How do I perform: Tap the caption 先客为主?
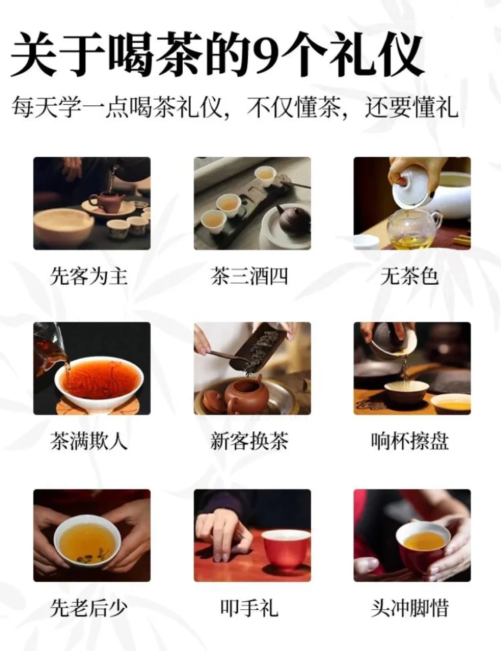point(89,276)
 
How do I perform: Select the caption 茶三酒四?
point(249,276)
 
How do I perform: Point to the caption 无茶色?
point(409,276)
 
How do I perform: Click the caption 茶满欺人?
point(89,441)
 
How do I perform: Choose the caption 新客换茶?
point(249,441)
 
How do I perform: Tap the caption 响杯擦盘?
point(410,441)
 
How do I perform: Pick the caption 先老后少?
point(89,608)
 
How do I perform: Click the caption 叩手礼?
point(249,608)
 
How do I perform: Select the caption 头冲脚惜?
point(410,608)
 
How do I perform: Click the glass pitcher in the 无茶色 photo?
point(414,228)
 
